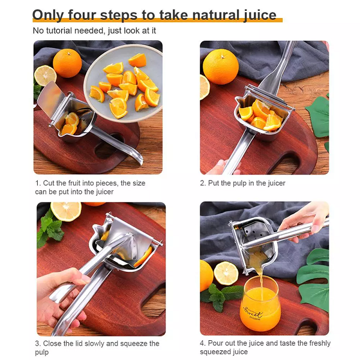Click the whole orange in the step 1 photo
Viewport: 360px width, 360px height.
pos(67,63)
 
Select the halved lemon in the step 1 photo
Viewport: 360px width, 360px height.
pos(45,76)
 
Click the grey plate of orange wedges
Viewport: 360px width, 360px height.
pos(124,83)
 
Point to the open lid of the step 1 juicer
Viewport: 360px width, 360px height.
pos(49,97)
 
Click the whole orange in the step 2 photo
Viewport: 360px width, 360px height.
pos(221,67)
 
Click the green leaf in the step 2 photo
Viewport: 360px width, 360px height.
pos(319,117)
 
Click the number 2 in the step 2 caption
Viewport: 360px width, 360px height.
pos(202,183)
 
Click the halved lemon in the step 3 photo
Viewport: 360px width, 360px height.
pos(66,211)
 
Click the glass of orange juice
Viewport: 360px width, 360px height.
pos(260,303)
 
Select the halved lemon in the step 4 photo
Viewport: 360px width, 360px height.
pos(226,273)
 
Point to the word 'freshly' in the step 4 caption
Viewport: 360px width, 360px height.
pos(320,343)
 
